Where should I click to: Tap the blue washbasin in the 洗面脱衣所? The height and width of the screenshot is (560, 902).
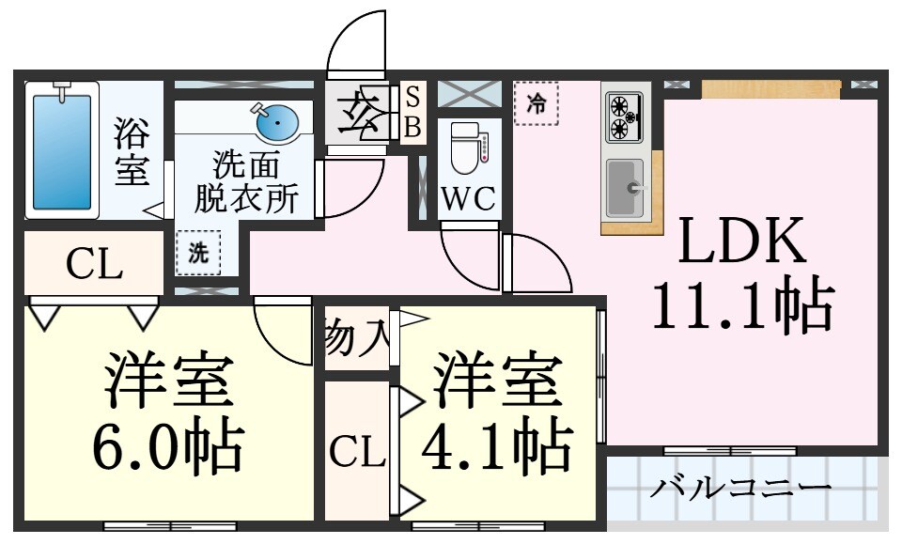click(x=276, y=121)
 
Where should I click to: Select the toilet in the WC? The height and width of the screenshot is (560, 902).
click(x=465, y=148)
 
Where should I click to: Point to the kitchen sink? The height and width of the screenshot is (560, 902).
click(x=625, y=189)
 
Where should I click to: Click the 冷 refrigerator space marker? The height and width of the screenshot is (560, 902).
click(x=536, y=102)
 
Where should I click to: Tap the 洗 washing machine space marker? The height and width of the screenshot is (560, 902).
click(x=198, y=252)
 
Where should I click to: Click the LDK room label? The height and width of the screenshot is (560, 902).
click(x=741, y=242)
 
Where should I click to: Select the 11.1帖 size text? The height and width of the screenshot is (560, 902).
click(x=741, y=306)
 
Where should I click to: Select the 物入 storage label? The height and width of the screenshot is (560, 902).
click(x=356, y=337)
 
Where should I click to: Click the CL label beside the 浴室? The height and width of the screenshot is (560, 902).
click(x=94, y=266)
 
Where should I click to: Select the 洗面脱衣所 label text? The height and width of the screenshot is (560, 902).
click(x=246, y=182)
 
